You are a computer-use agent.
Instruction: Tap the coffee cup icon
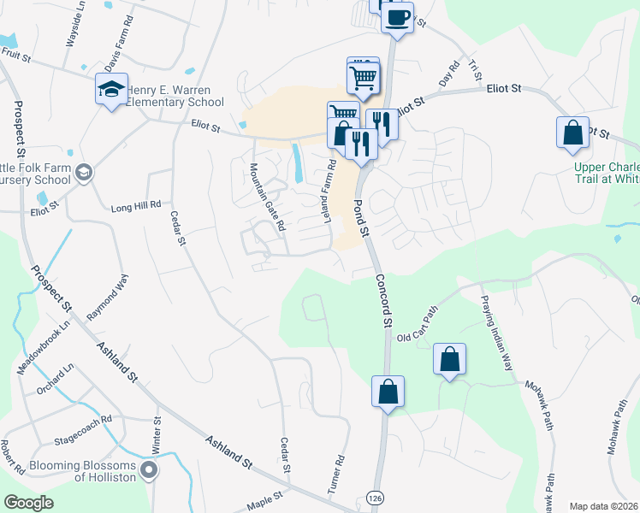point(396,16)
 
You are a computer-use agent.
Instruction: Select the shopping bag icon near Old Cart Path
point(449,360)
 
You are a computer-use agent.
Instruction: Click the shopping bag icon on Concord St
point(388,392)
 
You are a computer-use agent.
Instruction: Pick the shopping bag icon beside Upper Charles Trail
point(572,133)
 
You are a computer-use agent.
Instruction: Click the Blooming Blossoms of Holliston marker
point(149,469)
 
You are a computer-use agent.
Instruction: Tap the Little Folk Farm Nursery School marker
point(84,173)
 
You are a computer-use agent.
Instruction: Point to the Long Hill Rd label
point(136,206)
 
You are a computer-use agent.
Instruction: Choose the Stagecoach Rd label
point(83,421)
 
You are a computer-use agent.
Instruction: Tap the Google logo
point(28,503)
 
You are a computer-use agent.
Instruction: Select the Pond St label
point(360,217)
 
